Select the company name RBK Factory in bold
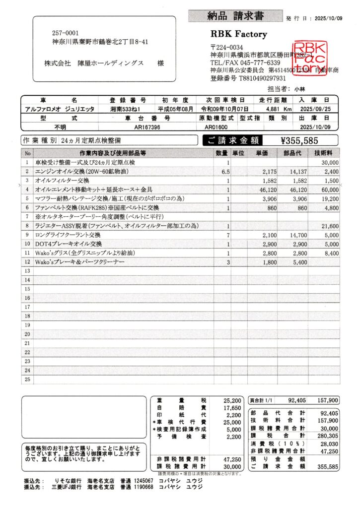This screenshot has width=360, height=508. tap(239, 34)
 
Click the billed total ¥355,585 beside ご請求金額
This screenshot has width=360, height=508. tap(299, 140)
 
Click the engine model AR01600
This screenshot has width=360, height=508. tap(216, 127)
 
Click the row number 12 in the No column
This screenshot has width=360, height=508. tap(27, 262)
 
